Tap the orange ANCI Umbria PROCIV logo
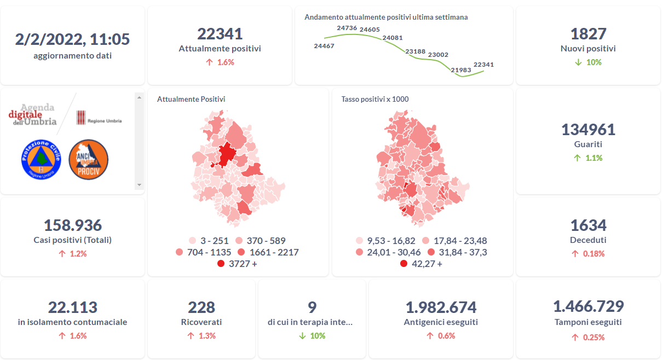88,159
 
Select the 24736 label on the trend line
347,28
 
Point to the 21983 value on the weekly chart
460,70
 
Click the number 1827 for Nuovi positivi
588,34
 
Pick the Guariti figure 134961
588,130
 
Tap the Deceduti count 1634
588,225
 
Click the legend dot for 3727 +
221,264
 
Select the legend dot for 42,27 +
403,264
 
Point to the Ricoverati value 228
201,307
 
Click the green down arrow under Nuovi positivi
578,62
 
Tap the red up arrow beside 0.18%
575,254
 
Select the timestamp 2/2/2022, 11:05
72,39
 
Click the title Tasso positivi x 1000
375,99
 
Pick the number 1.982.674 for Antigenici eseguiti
441,307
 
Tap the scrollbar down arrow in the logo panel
139,185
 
